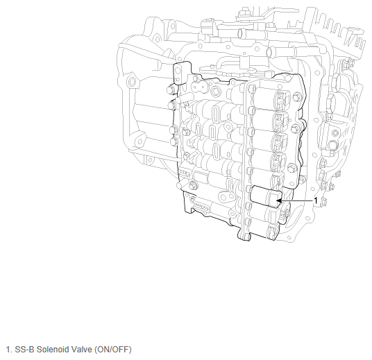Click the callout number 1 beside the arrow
[x=316, y=200]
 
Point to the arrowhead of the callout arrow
[x=279, y=201]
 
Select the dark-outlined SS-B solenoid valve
[x=266, y=196]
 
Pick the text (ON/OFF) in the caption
[x=113, y=350]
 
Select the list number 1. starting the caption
[x=9, y=350]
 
